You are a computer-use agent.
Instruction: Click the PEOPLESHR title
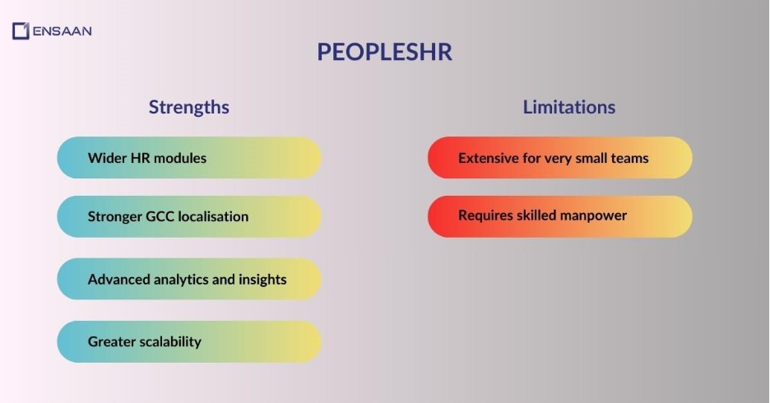tap(384, 53)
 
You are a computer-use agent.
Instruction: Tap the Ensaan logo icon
tap(21, 31)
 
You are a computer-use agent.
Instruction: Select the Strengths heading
tap(188, 107)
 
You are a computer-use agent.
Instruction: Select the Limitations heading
tap(568, 107)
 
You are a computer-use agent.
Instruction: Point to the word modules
tap(180, 158)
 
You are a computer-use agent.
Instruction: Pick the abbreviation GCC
tap(164, 216)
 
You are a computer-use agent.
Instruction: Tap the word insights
tap(262, 279)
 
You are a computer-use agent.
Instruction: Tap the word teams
tap(629, 158)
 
